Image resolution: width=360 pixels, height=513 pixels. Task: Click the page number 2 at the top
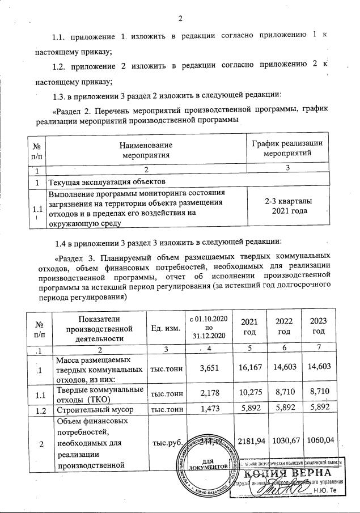(180, 18)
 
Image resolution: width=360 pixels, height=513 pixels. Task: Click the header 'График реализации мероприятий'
(287, 148)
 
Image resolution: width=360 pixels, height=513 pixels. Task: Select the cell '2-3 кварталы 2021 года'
(287, 206)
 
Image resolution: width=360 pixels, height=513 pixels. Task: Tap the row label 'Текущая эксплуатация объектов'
(107, 182)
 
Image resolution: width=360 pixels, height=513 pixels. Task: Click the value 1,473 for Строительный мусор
(211, 408)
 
